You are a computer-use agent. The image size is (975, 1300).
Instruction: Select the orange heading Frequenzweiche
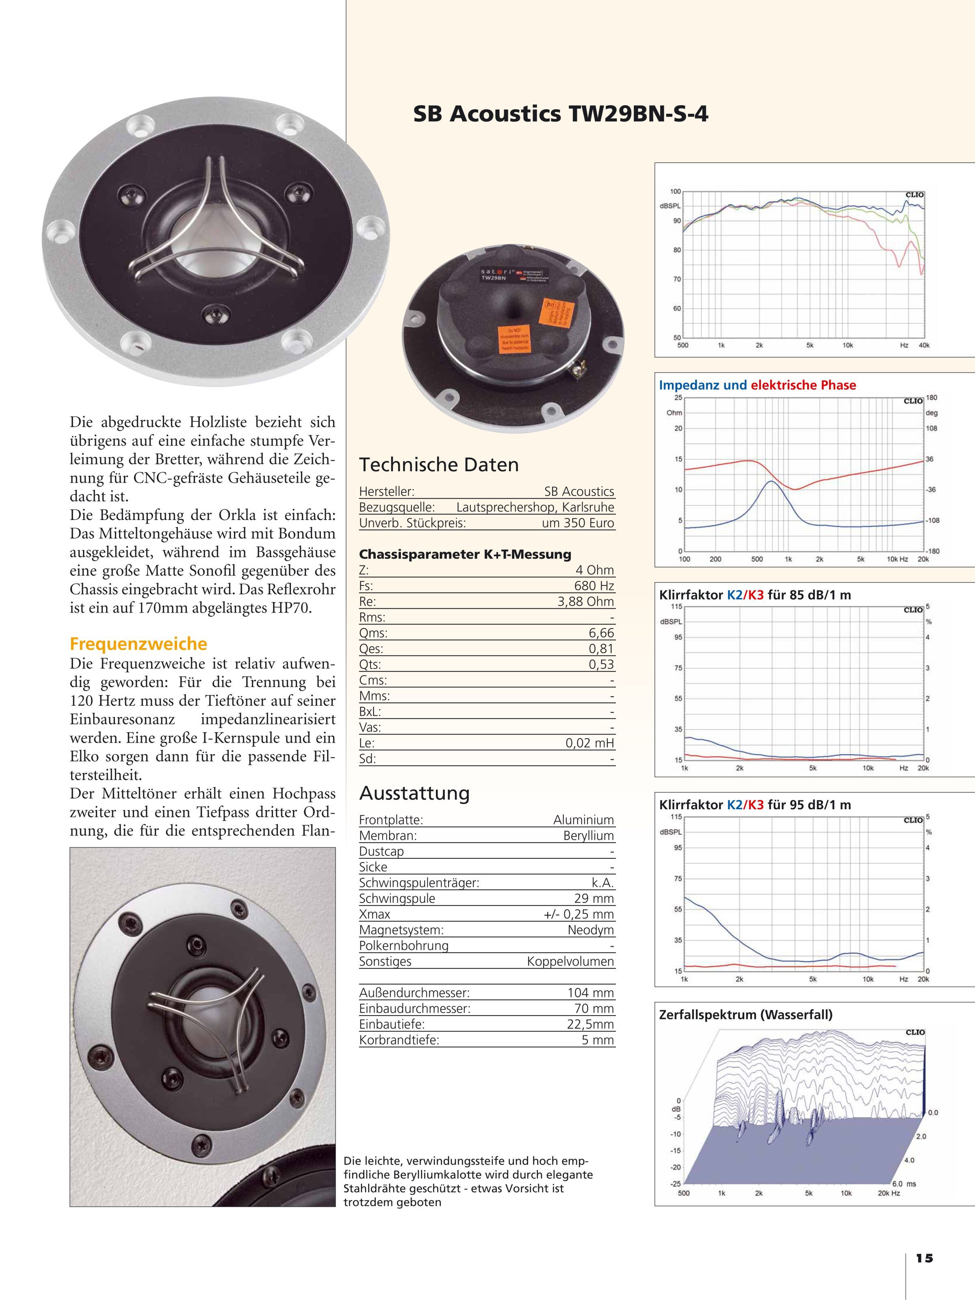coord(138,643)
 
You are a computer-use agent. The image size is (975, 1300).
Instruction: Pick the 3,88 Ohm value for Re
coord(585,601)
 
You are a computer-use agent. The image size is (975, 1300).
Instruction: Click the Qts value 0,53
coord(601,664)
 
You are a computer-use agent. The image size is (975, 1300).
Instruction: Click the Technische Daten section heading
coord(439,465)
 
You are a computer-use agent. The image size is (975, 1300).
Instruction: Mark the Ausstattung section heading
coord(414,793)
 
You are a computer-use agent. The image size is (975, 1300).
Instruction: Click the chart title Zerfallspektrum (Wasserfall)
coord(746,1014)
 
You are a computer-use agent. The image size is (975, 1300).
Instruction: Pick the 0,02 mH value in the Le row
coord(589,743)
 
